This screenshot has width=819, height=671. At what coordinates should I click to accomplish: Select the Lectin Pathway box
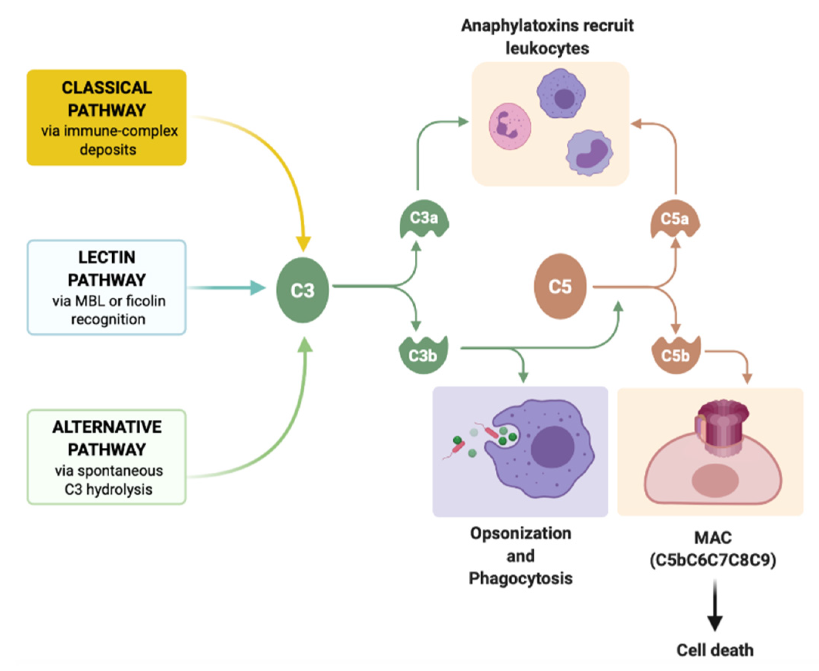(x=107, y=287)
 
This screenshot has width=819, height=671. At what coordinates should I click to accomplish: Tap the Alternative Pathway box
(x=107, y=457)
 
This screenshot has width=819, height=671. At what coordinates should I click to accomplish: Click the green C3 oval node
(x=303, y=290)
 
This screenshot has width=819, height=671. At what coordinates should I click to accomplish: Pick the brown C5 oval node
(x=560, y=286)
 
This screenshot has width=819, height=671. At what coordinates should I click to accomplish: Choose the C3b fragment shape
(x=423, y=355)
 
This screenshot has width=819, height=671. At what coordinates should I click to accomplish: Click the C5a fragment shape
(x=675, y=219)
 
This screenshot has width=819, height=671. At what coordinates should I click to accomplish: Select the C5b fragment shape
(x=675, y=355)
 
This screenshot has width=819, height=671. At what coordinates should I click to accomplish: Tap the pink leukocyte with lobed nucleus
(x=510, y=126)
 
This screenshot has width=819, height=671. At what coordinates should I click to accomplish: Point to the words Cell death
(x=715, y=650)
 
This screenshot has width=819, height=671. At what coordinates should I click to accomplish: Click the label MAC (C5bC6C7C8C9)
(x=713, y=549)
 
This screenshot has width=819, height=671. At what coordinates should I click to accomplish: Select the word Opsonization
(x=521, y=533)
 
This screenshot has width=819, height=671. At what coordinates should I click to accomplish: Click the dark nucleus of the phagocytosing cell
(x=553, y=448)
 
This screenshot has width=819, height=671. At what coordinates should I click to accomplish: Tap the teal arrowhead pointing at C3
(x=257, y=288)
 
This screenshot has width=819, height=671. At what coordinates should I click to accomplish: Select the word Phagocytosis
(x=521, y=579)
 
